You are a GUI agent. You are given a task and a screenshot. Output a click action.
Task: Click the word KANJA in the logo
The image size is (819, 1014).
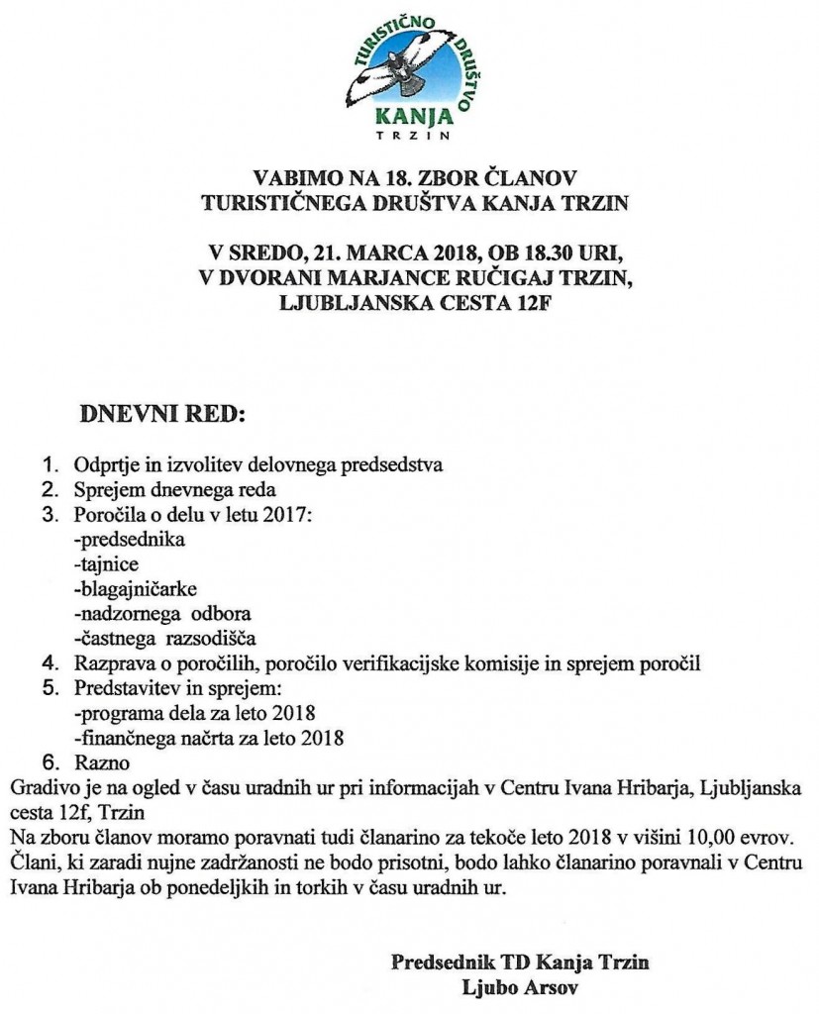pos(407,113)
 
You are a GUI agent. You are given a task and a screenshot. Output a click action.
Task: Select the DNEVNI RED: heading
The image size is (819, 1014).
pos(159,411)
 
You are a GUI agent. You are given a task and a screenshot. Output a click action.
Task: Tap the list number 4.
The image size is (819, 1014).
pos(50,662)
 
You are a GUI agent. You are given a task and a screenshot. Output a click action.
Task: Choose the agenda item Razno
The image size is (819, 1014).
pos(100,762)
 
